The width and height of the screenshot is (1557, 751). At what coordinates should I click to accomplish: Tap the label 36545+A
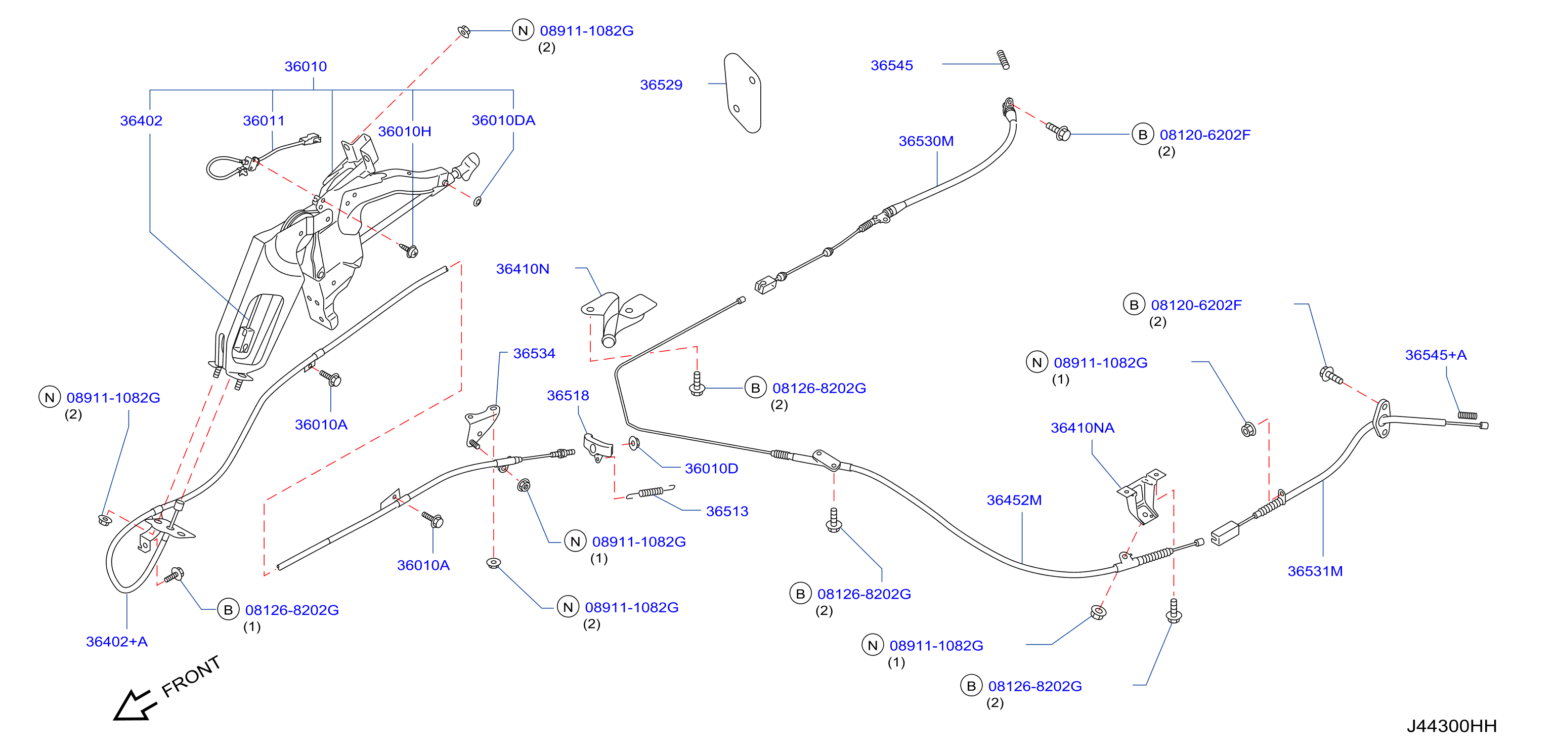coord(1436,355)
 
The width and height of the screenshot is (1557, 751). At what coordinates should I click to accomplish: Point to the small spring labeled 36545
coord(1003,59)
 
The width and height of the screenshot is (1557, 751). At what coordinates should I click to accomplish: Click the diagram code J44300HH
coord(1451,726)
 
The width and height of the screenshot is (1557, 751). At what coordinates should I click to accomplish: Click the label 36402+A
coord(117,642)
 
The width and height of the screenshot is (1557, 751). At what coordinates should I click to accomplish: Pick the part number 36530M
coord(926,141)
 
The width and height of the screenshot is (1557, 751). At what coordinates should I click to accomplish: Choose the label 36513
coord(727,512)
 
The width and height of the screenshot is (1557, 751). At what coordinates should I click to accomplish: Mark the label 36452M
coord(1014,500)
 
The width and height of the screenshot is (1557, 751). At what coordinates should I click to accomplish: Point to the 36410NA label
coord(1082,428)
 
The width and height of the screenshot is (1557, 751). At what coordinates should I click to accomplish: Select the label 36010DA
coord(503,120)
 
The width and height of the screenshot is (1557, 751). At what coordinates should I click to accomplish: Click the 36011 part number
coord(264,121)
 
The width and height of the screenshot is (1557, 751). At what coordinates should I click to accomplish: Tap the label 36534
coord(534,353)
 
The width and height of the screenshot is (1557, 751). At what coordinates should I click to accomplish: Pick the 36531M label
coord(1315,571)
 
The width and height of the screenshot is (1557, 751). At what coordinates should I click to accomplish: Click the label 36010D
coord(711,469)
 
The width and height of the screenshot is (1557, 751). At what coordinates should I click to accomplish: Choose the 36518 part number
coord(568,395)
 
